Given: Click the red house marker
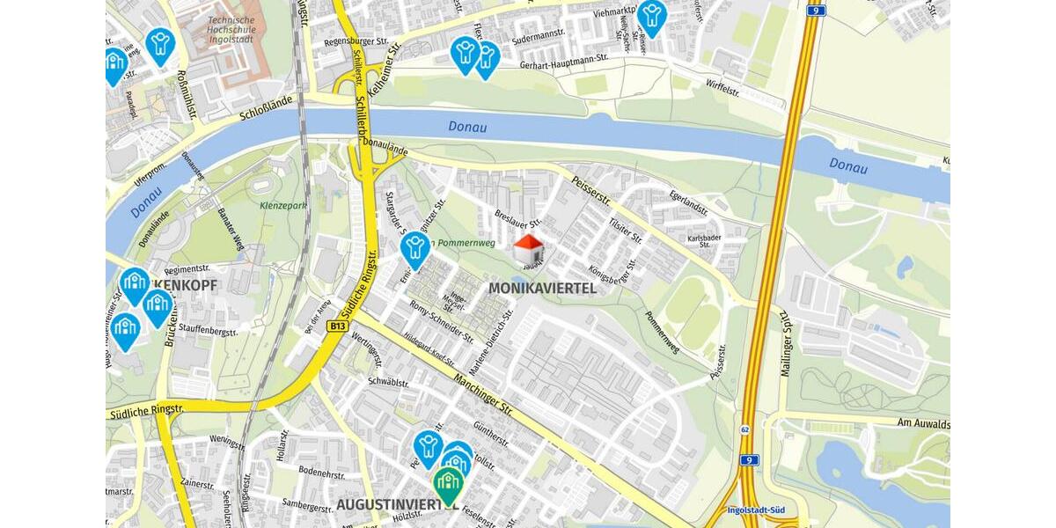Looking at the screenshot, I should (528, 250).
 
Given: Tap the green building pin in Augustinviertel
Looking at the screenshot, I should (449, 483).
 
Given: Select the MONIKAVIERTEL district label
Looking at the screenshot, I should (542, 289).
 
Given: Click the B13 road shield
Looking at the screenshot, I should (337, 326).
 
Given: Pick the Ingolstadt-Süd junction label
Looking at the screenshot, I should (755, 510).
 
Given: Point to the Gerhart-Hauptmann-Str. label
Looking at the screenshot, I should (563, 58).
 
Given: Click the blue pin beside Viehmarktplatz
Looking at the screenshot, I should (651, 16).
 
